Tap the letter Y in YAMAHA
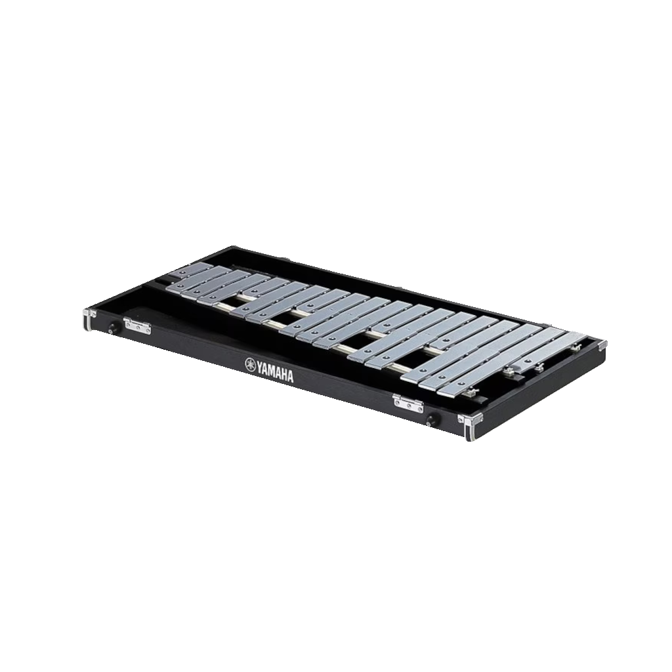(x=259, y=367)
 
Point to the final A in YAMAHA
(x=289, y=376)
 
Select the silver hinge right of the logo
(x=407, y=402)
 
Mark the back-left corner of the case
(x=233, y=248)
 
